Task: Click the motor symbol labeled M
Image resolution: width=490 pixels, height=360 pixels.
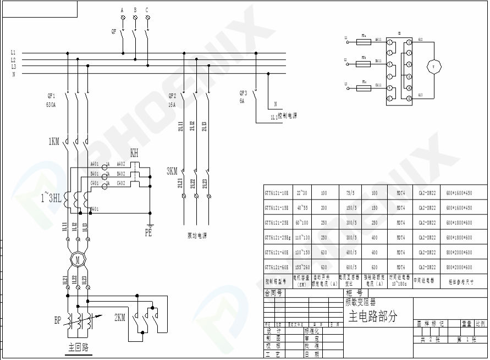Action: (78, 259)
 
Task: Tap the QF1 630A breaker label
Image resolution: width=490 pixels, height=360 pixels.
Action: (51, 99)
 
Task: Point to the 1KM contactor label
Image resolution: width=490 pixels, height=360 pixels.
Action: (53, 142)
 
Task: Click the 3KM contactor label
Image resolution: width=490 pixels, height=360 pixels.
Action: (172, 171)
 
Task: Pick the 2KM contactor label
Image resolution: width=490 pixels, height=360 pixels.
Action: (120, 318)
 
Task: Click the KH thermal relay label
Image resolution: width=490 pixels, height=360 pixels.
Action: (134, 152)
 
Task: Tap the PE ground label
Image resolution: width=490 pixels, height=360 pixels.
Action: (148, 233)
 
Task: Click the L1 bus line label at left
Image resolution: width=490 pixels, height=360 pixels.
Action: (13, 53)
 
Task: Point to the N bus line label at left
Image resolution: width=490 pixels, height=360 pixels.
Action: (13, 74)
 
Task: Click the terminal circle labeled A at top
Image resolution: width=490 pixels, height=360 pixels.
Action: (122, 18)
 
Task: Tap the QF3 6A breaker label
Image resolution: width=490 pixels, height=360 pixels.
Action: (243, 97)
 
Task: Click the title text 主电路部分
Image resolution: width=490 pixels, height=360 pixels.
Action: (372, 316)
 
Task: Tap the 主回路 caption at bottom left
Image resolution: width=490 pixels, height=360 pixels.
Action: (79, 347)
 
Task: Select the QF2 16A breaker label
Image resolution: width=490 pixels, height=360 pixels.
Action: (172, 99)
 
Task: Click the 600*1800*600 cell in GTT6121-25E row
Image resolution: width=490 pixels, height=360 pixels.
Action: (459, 223)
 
